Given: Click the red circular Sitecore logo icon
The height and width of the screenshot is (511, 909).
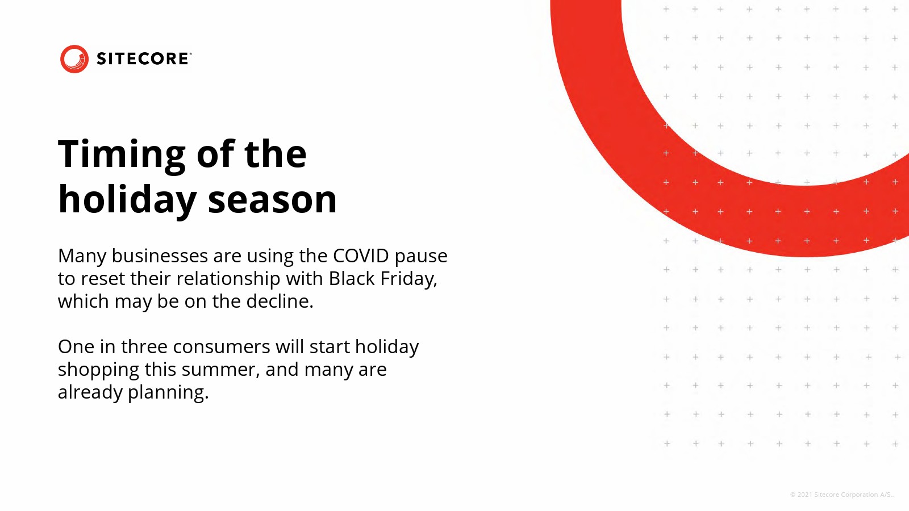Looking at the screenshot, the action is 74,59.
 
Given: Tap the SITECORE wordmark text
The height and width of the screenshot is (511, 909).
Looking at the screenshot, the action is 144,59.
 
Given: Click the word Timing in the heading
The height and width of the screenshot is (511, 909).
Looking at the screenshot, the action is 122,156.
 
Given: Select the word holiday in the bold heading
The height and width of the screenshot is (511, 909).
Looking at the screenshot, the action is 127,199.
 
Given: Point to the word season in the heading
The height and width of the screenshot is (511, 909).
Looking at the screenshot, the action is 272,201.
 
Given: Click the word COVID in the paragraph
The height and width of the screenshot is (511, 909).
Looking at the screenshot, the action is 361,256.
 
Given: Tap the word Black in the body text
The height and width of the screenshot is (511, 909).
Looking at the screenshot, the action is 352,279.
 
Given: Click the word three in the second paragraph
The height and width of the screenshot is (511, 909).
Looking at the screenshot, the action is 144,347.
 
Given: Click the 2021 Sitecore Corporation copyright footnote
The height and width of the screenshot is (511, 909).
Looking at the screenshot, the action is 842,495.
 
